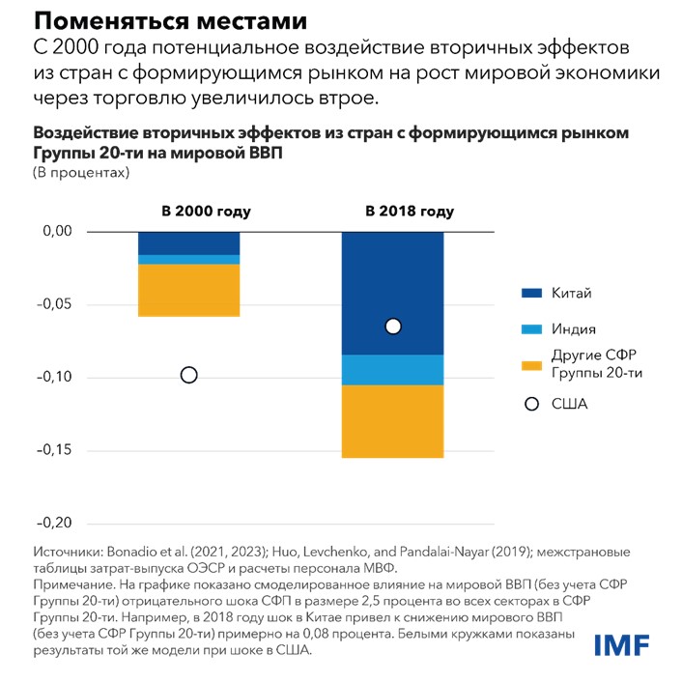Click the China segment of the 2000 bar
tap(188, 242)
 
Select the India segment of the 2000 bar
tap(188, 260)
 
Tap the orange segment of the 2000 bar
tap(188, 290)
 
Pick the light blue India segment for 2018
tap(392, 370)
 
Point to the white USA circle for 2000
tap(188, 375)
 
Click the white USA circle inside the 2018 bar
tap(392, 327)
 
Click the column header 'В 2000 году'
tap(206, 212)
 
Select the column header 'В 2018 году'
tap(410, 212)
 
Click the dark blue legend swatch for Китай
tap(529, 293)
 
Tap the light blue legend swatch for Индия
tap(529, 329)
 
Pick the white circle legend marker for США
tap(529, 404)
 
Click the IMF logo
tap(622, 643)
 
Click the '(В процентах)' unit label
tap(82, 173)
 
